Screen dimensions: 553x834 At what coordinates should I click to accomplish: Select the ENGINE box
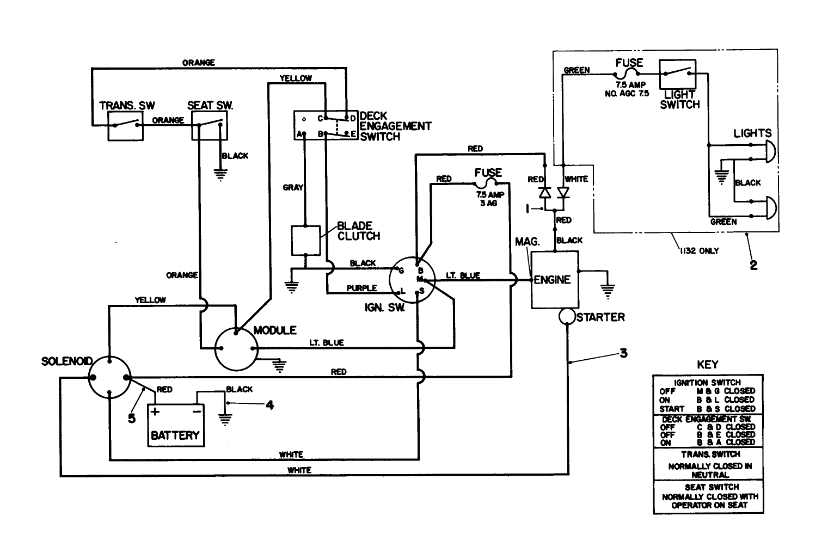click(554, 280)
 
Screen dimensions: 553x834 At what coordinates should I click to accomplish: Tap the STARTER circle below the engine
click(566, 317)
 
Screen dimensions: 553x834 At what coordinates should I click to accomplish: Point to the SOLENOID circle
click(109, 377)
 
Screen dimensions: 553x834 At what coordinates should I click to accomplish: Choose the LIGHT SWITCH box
click(678, 75)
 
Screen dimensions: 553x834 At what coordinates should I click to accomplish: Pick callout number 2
click(753, 265)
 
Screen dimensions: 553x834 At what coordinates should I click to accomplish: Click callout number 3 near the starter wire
click(623, 353)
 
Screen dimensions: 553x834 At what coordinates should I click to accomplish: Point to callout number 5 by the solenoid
click(131, 418)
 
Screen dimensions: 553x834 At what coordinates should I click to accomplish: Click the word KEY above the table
click(707, 364)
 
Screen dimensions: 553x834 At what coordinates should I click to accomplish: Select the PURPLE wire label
click(361, 288)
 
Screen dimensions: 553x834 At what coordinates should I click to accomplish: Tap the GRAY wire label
click(293, 187)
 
